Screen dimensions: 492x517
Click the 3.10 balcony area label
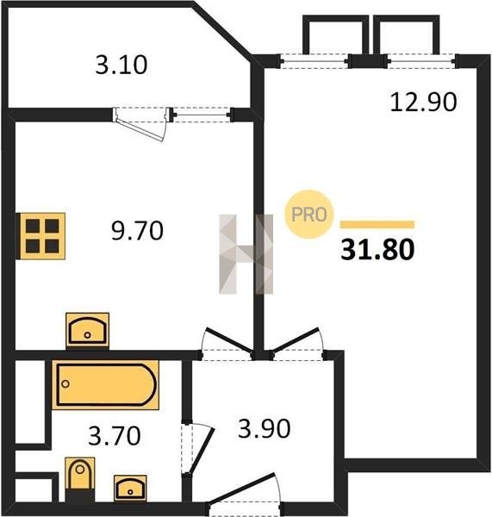point(121,65)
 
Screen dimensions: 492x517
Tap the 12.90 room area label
point(423,102)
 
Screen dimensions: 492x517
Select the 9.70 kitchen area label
point(137,230)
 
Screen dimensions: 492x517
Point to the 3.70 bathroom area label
point(115,435)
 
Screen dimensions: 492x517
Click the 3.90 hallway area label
point(265,428)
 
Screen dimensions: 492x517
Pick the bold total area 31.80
point(377,250)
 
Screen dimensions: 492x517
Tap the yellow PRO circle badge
point(309,215)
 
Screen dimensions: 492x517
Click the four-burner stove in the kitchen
point(42,236)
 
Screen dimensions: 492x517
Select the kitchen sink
point(87,330)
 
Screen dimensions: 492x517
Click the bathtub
point(105,385)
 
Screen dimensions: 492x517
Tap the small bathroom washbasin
point(130,488)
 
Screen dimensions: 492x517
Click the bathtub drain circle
point(65,383)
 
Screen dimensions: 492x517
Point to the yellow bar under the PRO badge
point(377,225)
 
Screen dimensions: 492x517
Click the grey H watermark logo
point(246,254)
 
